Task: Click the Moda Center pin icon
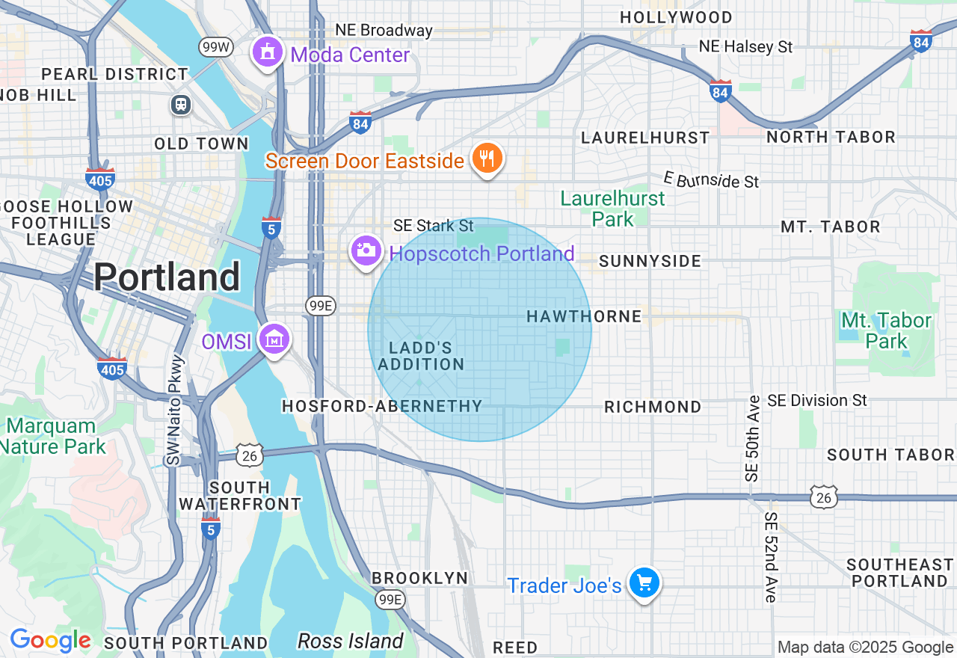click(267, 52)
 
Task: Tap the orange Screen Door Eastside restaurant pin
click(487, 159)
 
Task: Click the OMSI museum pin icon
click(274, 339)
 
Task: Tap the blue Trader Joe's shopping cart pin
click(643, 582)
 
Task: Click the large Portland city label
click(167, 277)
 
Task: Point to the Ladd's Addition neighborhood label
click(421, 356)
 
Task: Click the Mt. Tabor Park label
click(886, 330)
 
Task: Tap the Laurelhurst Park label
click(613, 209)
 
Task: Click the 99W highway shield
click(216, 47)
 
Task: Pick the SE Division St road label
click(817, 401)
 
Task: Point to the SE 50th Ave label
click(752, 437)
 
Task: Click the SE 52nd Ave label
click(771, 557)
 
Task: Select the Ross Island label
click(350, 641)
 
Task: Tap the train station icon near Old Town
click(180, 105)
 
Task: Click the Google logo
click(50, 641)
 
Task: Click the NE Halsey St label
click(745, 46)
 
